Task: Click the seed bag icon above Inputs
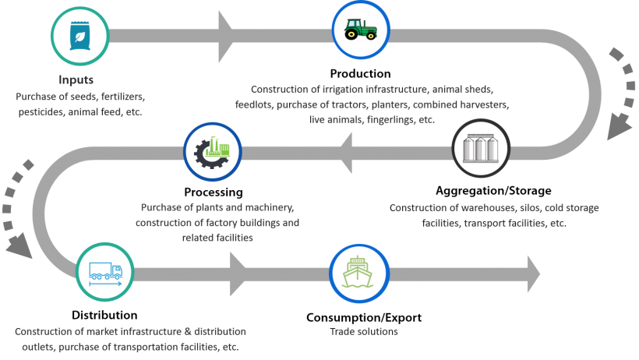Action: click(x=79, y=36)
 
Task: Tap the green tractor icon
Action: click(x=361, y=30)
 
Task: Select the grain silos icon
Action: click(x=481, y=148)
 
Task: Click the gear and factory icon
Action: click(x=212, y=153)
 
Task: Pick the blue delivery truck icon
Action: click(x=105, y=274)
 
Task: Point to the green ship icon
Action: click(x=358, y=273)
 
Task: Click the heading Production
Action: click(x=360, y=74)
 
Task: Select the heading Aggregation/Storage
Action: click(x=493, y=191)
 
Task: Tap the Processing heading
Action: click(x=214, y=192)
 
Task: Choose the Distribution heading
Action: click(x=104, y=315)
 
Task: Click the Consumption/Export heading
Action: click(x=364, y=318)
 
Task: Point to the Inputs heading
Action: click(x=76, y=80)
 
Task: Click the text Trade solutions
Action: click(x=364, y=332)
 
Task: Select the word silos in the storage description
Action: click(x=530, y=208)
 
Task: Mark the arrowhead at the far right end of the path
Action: click(x=534, y=274)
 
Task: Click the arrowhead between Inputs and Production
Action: click(x=225, y=37)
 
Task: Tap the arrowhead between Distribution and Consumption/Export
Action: click(x=238, y=274)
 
